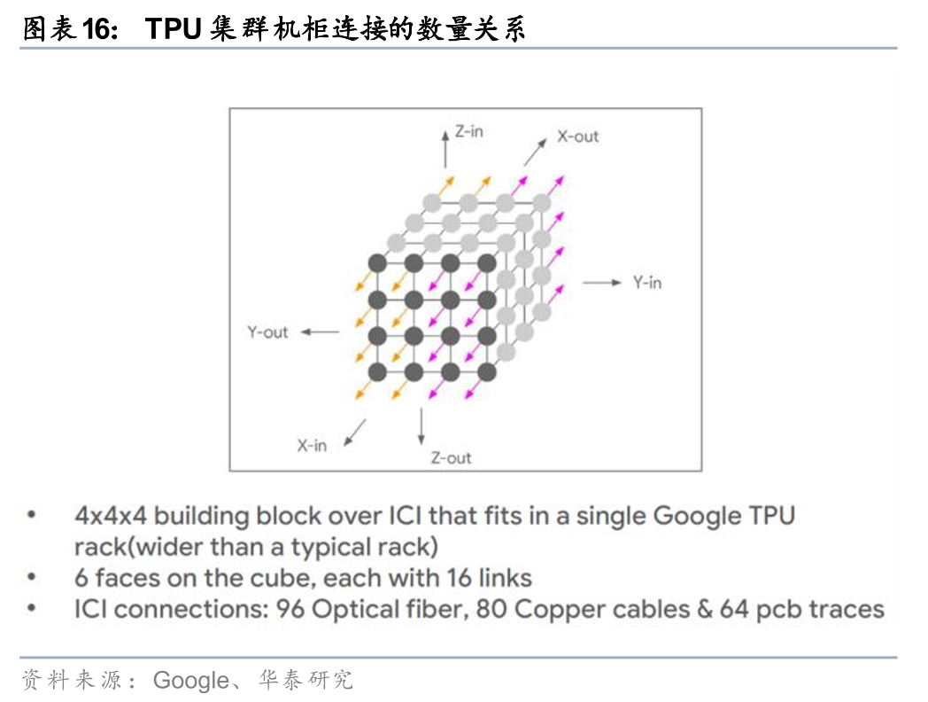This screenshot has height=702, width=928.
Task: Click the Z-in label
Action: point(468,131)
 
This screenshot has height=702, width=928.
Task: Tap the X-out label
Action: point(577,136)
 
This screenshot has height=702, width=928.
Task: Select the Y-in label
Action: point(646,283)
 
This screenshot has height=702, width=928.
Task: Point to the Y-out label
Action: point(267,332)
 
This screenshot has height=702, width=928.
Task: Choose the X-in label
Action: point(312,446)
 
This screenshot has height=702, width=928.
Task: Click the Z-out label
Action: point(451,458)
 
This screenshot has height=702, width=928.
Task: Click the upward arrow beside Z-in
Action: point(445,147)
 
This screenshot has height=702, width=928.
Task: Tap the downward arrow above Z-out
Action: point(421,427)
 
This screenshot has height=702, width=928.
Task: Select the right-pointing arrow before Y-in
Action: point(602,283)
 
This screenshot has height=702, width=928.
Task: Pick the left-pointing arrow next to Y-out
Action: point(320,332)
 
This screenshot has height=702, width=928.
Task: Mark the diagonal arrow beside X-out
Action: point(534,152)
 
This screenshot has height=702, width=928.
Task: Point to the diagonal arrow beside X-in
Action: point(354,431)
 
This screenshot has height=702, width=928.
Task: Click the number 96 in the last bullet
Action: point(290,610)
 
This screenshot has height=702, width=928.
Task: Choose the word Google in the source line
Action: point(190,680)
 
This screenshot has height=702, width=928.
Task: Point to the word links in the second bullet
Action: point(504,579)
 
